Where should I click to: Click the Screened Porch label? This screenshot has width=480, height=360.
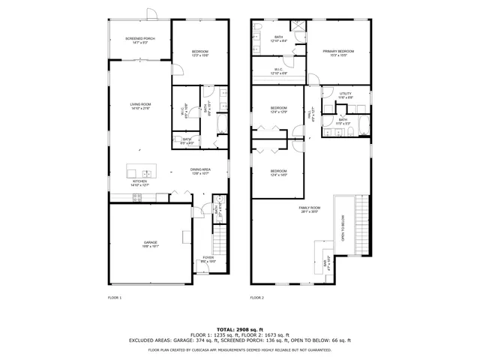tap(139, 40)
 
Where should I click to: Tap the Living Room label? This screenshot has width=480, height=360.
tap(141, 106)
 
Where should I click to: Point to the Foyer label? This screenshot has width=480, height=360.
tap(208, 259)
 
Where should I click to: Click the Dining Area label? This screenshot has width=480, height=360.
tap(199, 172)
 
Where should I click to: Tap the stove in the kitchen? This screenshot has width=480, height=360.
tap(137, 198)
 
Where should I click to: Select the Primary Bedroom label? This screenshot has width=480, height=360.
tap(338, 52)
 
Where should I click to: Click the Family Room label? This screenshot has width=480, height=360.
tap(309, 209)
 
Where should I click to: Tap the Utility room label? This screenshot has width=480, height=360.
tap(344, 95)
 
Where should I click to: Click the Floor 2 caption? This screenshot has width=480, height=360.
tap(257, 298)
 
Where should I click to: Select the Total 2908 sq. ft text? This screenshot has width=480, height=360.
tap(240, 329)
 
